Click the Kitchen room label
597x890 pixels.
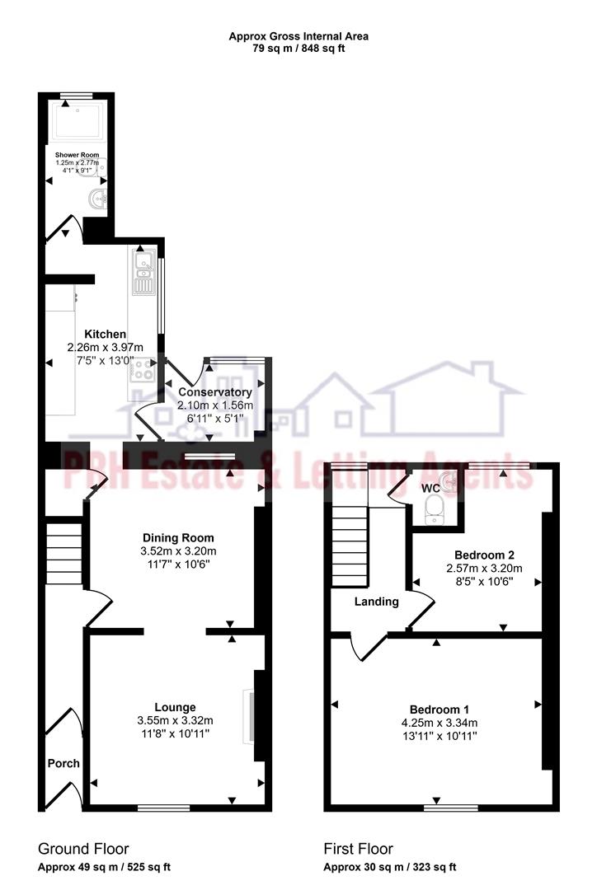click(x=97, y=334)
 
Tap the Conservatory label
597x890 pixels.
click(x=215, y=392)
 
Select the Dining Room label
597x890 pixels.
click(x=177, y=537)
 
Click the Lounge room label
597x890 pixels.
click(x=175, y=707)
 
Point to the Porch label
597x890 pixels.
click(x=63, y=763)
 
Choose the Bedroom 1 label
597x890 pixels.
click(x=440, y=710)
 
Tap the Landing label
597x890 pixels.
click(x=376, y=602)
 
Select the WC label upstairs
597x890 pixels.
click(x=430, y=488)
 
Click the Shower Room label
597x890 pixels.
click(x=77, y=155)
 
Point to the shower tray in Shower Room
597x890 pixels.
click(x=77, y=123)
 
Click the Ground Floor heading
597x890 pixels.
click(x=83, y=849)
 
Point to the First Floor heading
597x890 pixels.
click(x=359, y=849)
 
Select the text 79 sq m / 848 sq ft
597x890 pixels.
click(x=298, y=48)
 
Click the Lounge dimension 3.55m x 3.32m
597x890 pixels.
click(x=175, y=721)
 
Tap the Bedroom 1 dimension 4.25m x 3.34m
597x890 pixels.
click(x=440, y=724)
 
